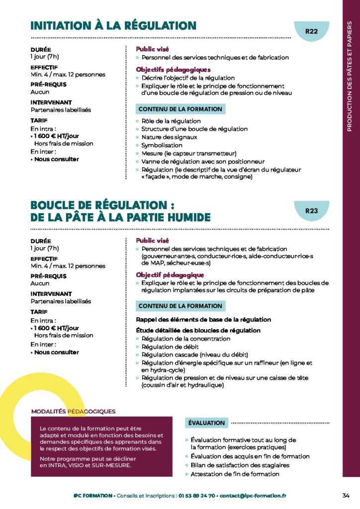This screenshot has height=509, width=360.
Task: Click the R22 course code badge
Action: (x=311, y=31)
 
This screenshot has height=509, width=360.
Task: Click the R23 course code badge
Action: (x=311, y=211)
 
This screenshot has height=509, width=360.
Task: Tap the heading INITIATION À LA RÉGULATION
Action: (x=113, y=25)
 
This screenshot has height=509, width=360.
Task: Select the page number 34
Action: (x=346, y=495)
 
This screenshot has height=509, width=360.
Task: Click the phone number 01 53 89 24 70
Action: (x=197, y=496)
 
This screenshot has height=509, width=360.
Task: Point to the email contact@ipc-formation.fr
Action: (x=254, y=496)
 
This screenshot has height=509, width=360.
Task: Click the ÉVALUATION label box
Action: (x=207, y=423)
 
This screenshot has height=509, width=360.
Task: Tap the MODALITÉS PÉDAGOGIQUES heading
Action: (x=73, y=411)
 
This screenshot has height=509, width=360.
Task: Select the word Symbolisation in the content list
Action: (x=162, y=145)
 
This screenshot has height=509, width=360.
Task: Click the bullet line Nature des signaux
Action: (x=169, y=137)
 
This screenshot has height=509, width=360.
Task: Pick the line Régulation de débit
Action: (x=170, y=346)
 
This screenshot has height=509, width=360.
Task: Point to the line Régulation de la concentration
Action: (x=185, y=339)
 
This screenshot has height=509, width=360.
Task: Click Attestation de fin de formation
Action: (x=235, y=474)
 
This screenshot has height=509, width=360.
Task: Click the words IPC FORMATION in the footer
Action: (x=92, y=496)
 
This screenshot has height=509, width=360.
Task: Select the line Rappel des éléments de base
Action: (x=203, y=320)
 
